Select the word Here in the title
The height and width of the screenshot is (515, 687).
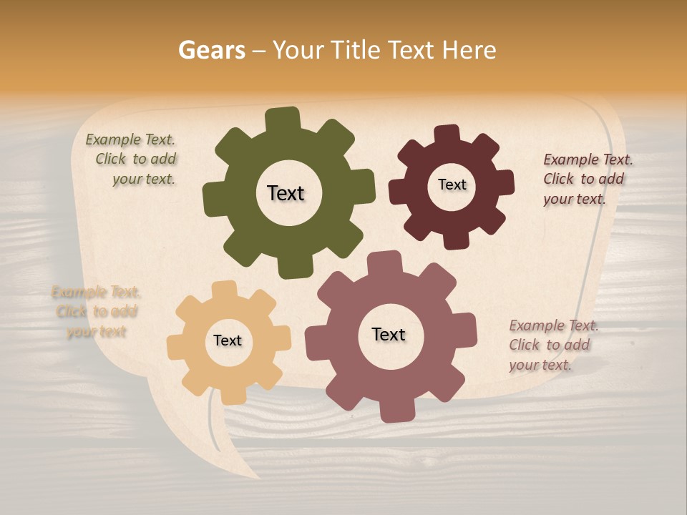[x=469, y=50]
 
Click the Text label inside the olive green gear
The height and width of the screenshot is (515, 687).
[x=286, y=193]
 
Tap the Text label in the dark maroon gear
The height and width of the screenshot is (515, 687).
[x=452, y=185]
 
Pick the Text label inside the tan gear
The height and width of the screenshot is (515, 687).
[x=228, y=341]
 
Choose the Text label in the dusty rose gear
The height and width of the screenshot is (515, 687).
[x=389, y=334]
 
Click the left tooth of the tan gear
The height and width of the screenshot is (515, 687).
[x=175, y=346]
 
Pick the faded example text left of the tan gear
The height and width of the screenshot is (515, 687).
[x=96, y=312]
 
